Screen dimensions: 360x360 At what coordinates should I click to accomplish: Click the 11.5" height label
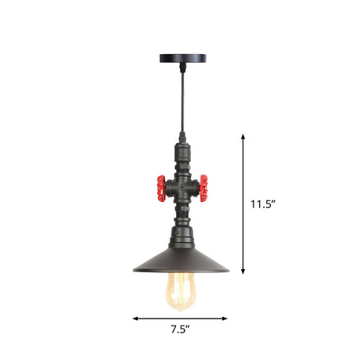pos(263,205)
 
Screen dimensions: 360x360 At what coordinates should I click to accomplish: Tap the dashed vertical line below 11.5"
pos(243,243)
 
